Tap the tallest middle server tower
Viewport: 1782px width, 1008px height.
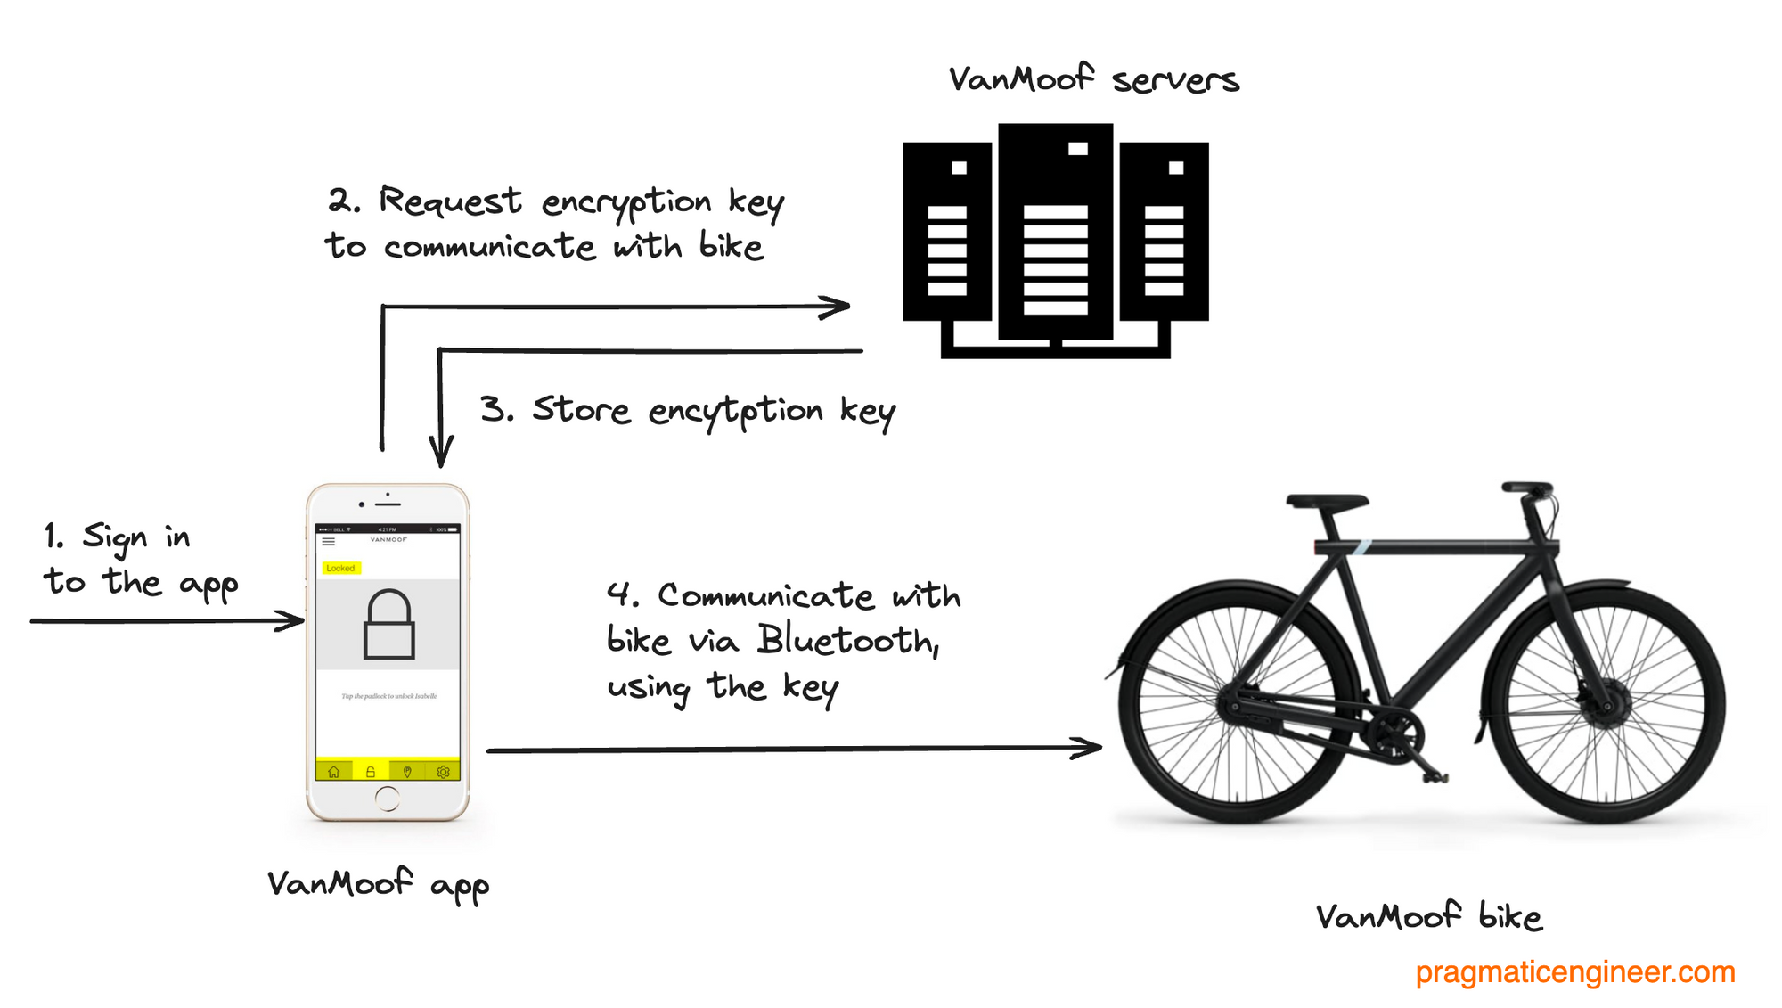pos(1056,232)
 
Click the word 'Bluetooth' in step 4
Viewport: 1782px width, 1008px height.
pos(847,641)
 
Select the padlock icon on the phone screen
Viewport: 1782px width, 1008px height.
pos(389,624)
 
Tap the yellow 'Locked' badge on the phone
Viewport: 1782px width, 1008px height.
pos(340,568)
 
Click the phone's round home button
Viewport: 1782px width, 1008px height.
pos(388,799)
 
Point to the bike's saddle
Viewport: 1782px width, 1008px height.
pos(1327,502)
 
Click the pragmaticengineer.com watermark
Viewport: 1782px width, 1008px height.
pos(1574,971)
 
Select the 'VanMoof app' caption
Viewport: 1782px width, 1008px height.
pos(379,884)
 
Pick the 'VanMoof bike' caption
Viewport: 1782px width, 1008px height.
pos(1428,917)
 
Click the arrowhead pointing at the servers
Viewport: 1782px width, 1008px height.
pos(838,307)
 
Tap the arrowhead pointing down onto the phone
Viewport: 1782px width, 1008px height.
pos(441,453)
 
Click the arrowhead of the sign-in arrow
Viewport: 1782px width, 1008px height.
pos(292,620)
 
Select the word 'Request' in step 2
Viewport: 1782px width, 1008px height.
pos(450,202)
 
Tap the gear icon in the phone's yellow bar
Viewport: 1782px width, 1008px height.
pos(443,772)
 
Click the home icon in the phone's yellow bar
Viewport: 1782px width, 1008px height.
pos(334,772)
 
